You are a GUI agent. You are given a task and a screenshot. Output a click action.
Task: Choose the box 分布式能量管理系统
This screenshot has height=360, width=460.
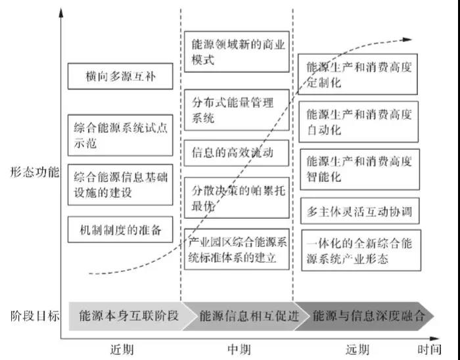tap(236, 110)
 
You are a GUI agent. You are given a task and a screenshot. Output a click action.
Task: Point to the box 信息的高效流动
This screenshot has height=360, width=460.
tap(236, 154)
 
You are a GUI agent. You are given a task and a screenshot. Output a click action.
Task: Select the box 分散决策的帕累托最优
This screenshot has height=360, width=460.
tap(236, 197)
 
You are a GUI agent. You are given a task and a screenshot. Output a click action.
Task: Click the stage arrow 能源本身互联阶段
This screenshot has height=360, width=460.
tap(125, 316)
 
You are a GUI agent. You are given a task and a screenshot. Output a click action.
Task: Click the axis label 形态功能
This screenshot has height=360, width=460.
tap(35, 173)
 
